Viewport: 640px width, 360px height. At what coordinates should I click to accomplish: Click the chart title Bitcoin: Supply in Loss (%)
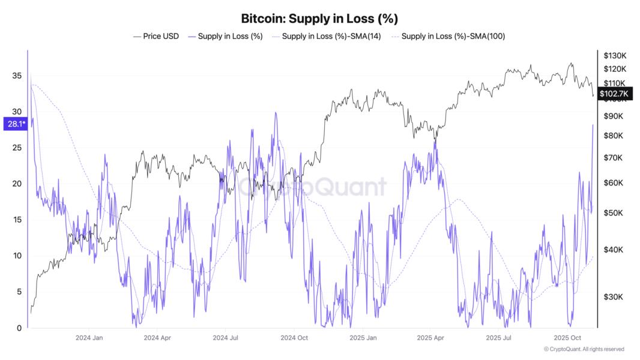tap(319, 19)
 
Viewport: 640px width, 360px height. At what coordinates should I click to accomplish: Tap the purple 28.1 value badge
tap(14, 124)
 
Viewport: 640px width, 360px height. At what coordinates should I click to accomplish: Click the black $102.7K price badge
tap(614, 94)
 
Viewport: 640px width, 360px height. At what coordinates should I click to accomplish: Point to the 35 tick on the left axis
tap(17, 76)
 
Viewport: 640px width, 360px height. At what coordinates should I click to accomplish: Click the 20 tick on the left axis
tap(17, 184)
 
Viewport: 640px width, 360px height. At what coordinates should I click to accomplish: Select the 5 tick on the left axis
tap(19, 292)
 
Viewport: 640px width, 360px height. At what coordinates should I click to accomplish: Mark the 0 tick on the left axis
tap(19, 328)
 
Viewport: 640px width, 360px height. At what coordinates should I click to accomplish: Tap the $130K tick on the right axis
tap(615, 55)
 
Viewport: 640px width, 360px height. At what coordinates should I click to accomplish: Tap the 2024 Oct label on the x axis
tap(294, 338)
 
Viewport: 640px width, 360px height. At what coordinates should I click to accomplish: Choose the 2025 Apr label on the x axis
tap(432, 338)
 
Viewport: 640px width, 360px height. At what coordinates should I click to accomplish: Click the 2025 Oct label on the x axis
tap(568, 338)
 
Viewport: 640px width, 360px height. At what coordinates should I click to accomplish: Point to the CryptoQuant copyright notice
tap(584, 349)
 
